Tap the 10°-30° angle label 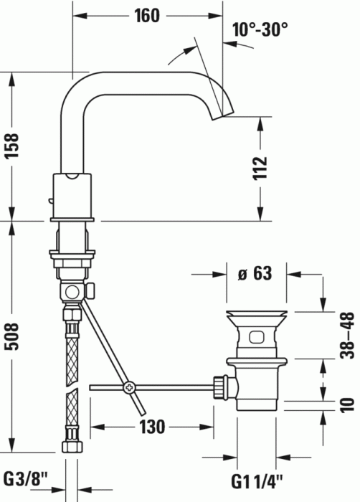click(x=260, y=29)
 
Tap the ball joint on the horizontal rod click(x=129, y=388)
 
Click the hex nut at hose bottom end click(x=71, y=446)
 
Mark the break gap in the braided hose click(x=71, y=383)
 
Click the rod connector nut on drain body click(x=218, y=388)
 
